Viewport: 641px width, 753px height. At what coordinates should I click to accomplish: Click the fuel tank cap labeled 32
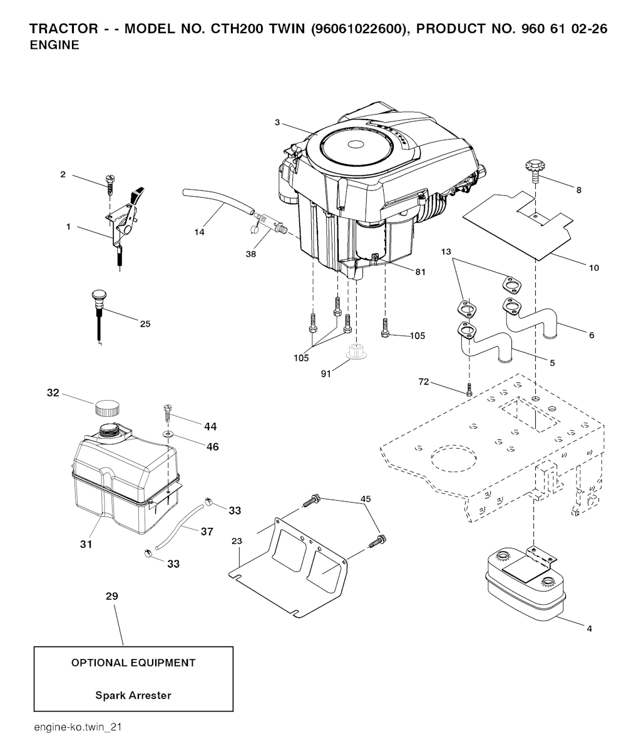pos(107,408)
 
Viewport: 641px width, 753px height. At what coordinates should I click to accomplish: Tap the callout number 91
pos(326,374)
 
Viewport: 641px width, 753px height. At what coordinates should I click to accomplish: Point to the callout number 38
pos(251,254)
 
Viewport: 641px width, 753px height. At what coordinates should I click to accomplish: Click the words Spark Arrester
pos(133,695)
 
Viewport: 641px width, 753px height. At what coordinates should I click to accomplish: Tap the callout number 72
pos(423,382)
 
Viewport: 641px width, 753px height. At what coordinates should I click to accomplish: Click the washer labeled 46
pos(167,434)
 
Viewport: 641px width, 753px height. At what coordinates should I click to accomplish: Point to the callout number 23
pos(237,541)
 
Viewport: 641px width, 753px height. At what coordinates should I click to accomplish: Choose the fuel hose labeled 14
pos(218,202)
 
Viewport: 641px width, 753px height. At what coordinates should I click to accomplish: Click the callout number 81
pos(420,272)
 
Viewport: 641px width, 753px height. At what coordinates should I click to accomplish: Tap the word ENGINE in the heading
pos(54,45)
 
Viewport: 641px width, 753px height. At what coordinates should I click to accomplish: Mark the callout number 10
pos(594,268)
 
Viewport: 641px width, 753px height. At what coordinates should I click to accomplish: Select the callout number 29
pos(112,597)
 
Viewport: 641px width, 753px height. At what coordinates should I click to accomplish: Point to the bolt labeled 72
pos(469,390)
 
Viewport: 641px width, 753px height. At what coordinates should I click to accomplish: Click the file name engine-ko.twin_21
pos(78,727)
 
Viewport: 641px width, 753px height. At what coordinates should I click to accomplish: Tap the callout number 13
pos(446,252)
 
